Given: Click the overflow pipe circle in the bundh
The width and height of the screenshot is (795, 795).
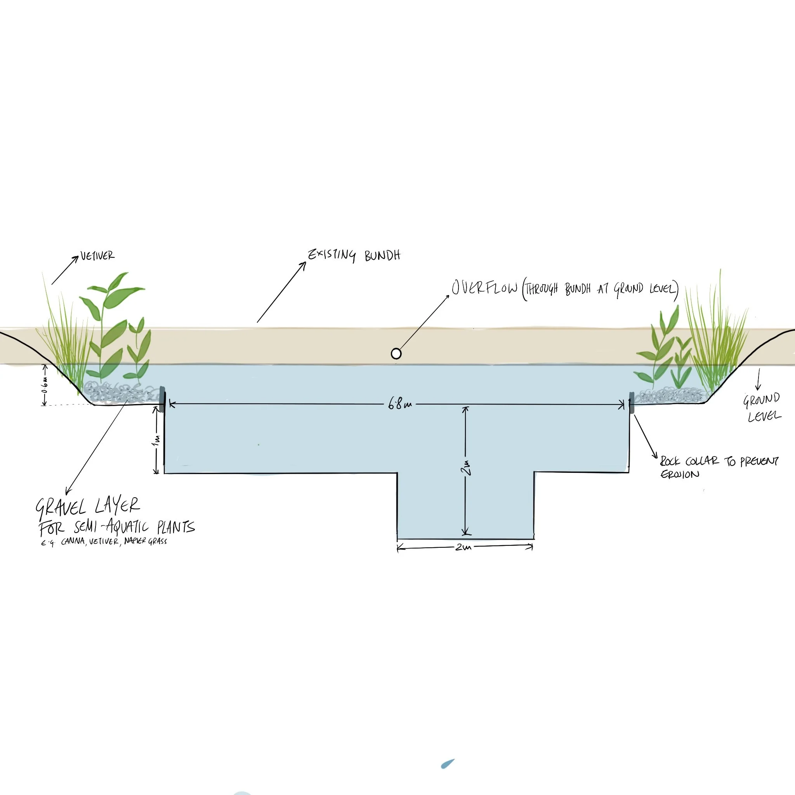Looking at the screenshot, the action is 396,354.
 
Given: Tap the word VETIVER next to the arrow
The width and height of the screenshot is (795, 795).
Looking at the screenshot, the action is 97,256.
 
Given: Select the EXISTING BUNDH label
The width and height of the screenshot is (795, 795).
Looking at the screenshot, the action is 354,255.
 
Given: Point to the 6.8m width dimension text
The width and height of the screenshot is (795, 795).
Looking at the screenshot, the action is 399,404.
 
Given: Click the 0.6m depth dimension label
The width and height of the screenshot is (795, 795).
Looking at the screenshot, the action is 45,386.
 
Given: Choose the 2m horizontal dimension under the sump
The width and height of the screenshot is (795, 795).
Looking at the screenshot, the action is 463,548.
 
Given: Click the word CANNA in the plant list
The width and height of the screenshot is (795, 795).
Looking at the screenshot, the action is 73,542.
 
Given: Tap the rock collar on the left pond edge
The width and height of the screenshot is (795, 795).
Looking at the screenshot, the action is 163,399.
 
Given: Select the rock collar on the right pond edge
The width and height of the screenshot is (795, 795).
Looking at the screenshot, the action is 632,402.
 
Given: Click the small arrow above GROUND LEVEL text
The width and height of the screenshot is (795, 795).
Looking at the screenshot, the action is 758,379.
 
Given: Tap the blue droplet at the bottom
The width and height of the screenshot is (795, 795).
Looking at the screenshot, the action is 447,764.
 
